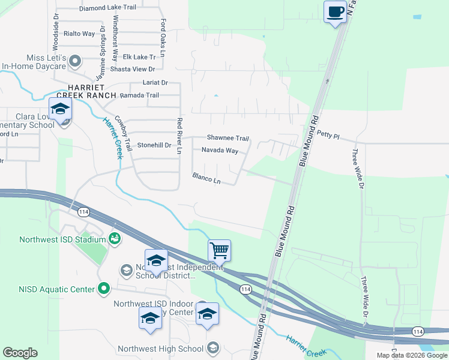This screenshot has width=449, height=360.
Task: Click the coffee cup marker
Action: pos(335,12)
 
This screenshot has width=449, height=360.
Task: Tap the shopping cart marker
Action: pos(219,251)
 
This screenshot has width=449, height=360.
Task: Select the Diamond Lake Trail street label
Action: pos(107,7)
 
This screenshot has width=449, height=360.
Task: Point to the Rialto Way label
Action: pos(79,34)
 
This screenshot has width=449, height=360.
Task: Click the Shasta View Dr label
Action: pos(131,69)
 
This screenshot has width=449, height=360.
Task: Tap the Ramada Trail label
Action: pos(139,95)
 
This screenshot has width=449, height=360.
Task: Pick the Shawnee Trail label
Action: pos(228,138)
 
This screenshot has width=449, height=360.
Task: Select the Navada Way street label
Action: pos(220,151)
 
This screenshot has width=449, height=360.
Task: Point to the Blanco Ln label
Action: pos(206,178)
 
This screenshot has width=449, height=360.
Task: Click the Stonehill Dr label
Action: pos(154,145)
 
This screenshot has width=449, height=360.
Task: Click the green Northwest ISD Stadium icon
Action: pos(114,239)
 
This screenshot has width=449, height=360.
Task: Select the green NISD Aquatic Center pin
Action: pos(104,289)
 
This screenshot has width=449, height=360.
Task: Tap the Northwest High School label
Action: pos(160,349)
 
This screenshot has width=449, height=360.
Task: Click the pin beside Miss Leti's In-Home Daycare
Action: pos(75,61)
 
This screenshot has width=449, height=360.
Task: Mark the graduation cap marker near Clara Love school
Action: pos(60,109)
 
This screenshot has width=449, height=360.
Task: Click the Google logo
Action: pos(20,353)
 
